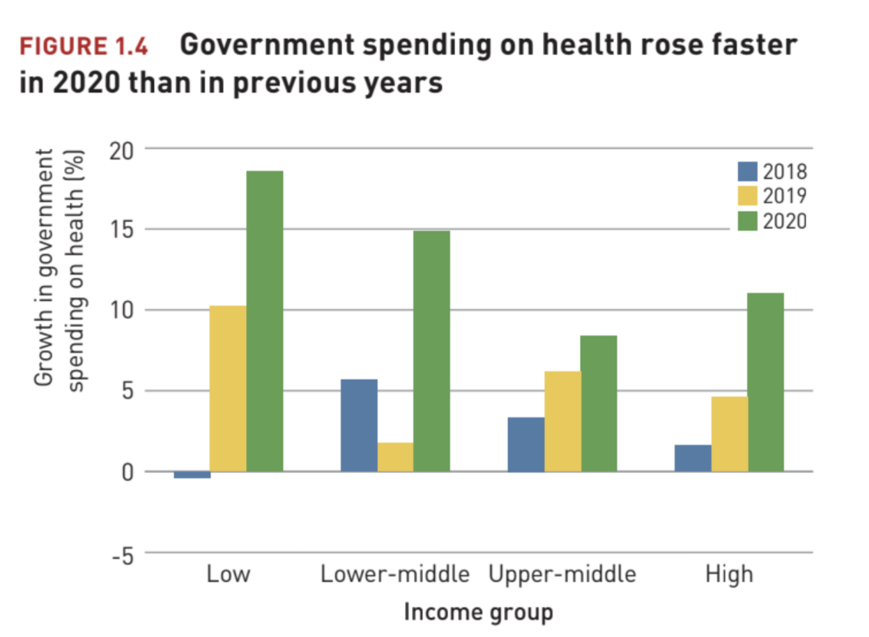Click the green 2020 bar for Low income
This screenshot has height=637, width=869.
tap(265, 321)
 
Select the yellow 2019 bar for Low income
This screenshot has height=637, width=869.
tap(228, 388)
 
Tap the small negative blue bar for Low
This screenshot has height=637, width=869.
tap(192, 475)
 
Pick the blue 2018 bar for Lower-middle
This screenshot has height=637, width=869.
tap(359, 425)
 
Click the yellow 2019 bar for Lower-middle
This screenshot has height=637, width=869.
tap(395, 456)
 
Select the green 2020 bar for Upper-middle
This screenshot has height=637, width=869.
tap(599, 404)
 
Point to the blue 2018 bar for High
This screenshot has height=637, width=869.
tap(693, 458)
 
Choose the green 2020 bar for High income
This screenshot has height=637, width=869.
tap(765, 382)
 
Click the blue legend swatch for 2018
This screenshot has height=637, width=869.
tap(748, 171)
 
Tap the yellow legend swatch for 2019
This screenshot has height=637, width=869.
tap(748, 196)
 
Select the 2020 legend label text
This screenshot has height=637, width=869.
tap(784, 221)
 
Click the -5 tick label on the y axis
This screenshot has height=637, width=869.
tap(122, 553)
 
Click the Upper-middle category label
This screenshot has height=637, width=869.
tap(562, 575)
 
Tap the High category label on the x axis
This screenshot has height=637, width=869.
tap(729, 575)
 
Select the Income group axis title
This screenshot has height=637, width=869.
tap(479, 613)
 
